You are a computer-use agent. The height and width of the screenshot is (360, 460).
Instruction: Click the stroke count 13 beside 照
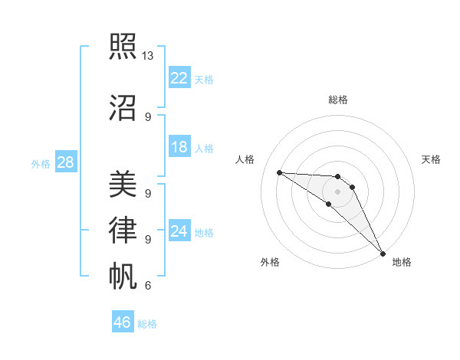click(148, 56)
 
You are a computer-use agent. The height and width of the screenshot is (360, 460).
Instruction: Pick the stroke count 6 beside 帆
click(147, 286)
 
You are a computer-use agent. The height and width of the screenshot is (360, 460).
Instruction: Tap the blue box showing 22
click(179, 77)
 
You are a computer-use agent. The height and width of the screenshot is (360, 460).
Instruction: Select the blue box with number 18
click(179, 147)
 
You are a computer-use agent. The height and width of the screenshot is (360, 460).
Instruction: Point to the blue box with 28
click(65, 162)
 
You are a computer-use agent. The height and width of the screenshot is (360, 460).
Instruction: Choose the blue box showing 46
click(123, 322)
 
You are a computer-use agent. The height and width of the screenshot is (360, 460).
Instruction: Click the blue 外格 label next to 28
click(40, 163)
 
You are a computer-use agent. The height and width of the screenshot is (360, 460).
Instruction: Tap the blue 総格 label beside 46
click(147, 324)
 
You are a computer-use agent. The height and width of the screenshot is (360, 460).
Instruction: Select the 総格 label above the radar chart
click(338, 100)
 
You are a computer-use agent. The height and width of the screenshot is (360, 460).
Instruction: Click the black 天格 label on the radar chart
click(431, 159)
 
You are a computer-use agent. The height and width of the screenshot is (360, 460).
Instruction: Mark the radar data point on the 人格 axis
click(279, 172)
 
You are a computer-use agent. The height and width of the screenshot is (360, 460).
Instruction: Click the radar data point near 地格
click(382, 253)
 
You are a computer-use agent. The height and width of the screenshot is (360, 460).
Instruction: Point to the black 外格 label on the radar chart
click(270, 262)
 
